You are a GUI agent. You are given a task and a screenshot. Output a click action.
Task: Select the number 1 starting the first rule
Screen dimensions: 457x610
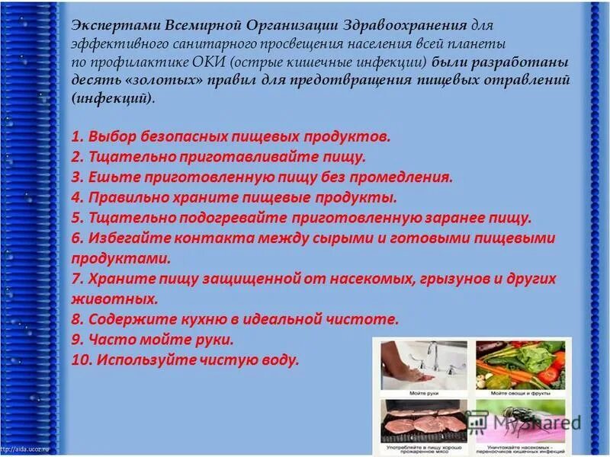click(76, 137)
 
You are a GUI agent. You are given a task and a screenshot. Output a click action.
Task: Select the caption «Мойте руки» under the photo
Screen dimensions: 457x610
click(422, 392)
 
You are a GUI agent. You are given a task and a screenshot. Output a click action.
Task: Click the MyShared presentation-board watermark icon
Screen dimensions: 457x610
click(478, 420)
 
